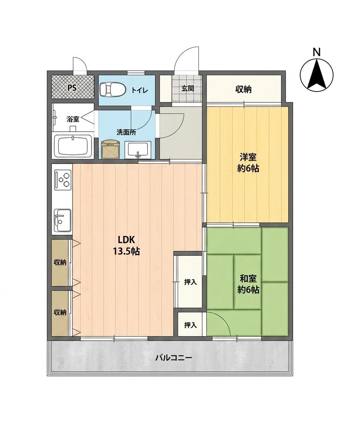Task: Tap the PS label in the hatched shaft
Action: [72, 88]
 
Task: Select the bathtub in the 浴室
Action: [73, 146]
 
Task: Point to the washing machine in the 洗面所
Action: [110, 149]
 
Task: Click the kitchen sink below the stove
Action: [63, 220]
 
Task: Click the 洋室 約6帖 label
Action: [248, 163]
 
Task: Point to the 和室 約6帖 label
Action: [248, 284]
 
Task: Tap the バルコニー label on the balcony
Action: [174, 358]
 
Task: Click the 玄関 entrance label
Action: [188, 89]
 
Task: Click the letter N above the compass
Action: [317, 52]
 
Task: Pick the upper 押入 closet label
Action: [190, 282]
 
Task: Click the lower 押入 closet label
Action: [190, 325]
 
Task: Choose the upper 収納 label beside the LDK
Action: [60, 262]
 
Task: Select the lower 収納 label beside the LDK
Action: [60, 313]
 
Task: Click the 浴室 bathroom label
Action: [73, 119]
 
